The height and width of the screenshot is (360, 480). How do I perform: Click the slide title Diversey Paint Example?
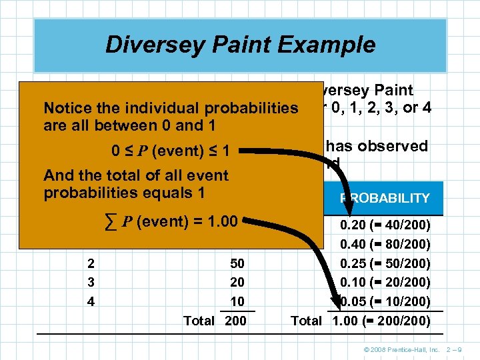point(240,45)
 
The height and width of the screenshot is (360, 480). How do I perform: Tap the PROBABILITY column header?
point(385,199)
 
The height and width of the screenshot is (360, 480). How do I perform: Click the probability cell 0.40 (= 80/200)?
point(385,245)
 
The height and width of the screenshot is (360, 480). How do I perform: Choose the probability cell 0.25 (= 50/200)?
point(385,263)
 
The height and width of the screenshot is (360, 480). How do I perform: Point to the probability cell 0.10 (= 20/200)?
point(385,282)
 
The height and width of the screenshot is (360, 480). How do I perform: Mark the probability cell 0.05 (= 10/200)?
point(385,301)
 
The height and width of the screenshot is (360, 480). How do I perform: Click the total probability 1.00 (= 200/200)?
point(381,321)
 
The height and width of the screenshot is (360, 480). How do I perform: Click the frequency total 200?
point(235,321)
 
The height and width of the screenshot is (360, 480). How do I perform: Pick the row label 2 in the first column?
point(91,263)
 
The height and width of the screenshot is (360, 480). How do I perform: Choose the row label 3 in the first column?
point(91,282)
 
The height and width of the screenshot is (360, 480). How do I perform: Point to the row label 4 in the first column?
point(91,301)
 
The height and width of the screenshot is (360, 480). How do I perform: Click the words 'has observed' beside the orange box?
point(374,147)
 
